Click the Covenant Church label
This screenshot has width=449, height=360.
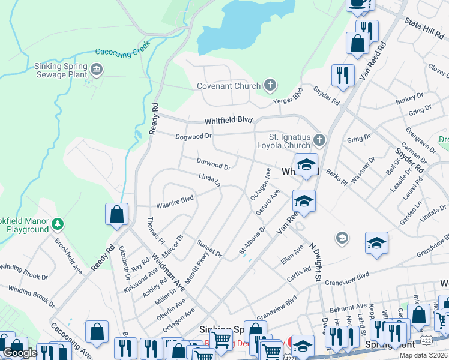point(229,86)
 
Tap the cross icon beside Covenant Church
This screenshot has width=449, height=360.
point(271,85)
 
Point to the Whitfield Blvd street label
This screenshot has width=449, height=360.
point(228,120)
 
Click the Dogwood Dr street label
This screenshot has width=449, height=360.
point(194,136)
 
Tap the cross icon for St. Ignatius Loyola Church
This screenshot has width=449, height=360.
point(319,141)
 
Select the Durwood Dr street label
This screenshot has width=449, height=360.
point(213,163)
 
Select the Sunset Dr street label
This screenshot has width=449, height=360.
point(209,248)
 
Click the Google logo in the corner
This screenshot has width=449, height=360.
point(20,353)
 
